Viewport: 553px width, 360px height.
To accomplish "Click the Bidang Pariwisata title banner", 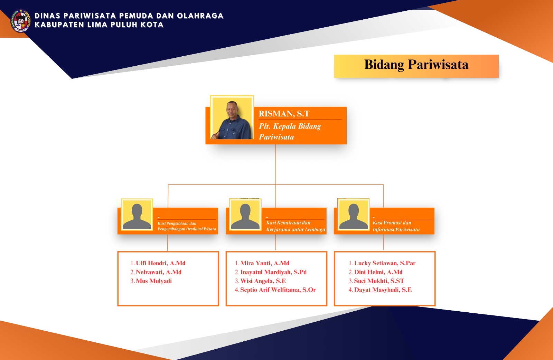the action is click(x=416, y=66).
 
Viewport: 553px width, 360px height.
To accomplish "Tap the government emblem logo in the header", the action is click(x=21, y=21).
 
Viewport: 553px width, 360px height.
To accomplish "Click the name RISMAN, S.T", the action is click(x=284, y=114).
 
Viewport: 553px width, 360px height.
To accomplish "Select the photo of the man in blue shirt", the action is click(x=232, y=118).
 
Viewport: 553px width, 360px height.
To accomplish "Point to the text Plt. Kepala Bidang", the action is click(x=290, y=126).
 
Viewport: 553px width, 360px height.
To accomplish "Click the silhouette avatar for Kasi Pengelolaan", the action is click(x=137, y=215).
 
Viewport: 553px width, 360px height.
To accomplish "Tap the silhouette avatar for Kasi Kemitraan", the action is click(x=245, y=215).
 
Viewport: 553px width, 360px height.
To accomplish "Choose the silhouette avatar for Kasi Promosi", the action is click(x=353, y=215).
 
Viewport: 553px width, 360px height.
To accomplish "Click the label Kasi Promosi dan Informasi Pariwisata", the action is click(x=396, y=226).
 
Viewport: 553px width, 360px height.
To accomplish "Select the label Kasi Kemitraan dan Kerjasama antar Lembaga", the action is click(x=296, y=226).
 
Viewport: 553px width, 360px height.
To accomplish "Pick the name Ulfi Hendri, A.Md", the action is click(x=161, y=263).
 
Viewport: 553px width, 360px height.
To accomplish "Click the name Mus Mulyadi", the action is click(x=154, y=281).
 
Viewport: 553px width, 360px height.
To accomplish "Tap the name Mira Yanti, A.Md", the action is click(x=265, y=263).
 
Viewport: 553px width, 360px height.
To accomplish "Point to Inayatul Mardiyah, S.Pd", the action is click(x=273, y=272).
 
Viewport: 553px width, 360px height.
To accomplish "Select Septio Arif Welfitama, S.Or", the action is click(x=278, y=290).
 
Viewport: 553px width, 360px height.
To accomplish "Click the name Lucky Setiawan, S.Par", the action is click(x=385, y=263).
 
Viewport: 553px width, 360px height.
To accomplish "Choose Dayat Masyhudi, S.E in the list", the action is click(x=383, y=290).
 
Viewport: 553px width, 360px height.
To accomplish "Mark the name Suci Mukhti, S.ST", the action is click(x=379, y=281).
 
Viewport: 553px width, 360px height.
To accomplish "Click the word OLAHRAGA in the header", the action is click(x=200, y=16).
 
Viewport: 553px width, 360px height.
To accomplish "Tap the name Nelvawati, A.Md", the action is click(x=159, y=272).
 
